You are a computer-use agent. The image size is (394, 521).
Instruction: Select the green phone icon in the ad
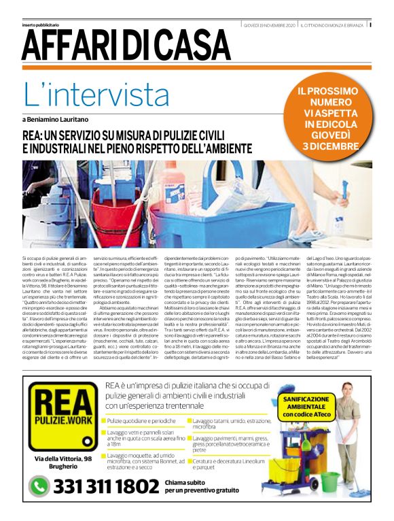[37, 487]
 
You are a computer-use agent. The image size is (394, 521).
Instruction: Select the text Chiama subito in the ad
[183, 481]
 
